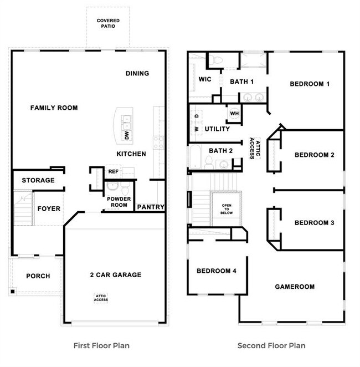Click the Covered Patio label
[x=108, y=23]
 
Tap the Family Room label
[x=54, y=108]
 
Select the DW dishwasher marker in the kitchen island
[x=127, y=135]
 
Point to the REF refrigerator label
[x=114, y=171]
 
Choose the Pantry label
[x=151, y=207]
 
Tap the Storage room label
[x=38, y=180]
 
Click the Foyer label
[x=49, y=209]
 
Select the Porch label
[x=38, y=276]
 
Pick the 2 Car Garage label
[x=116, y=274]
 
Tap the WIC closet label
[x=205, y=79]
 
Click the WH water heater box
[x=234, y=114]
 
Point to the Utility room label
[x=217, y=129]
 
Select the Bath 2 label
[x=220, y=150]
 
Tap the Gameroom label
[x=295, y=287]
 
